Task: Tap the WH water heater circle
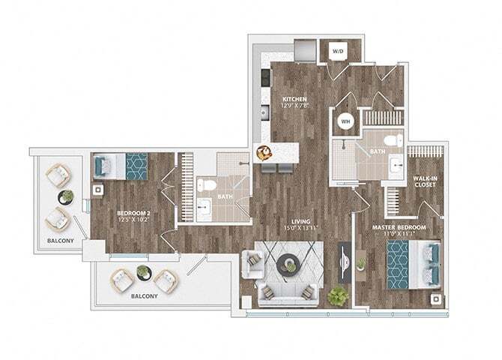click(345, 121)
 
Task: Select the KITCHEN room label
click(294, 102)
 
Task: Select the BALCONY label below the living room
click(144, 296)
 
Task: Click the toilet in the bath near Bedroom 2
click(207, 185)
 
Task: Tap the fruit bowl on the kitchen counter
click(263, 154)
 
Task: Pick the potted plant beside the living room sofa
click(338, 295)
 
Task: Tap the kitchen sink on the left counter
click(264, 112)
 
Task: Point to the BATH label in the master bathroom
click(377, 151)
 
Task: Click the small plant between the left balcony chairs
click(67, 196)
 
